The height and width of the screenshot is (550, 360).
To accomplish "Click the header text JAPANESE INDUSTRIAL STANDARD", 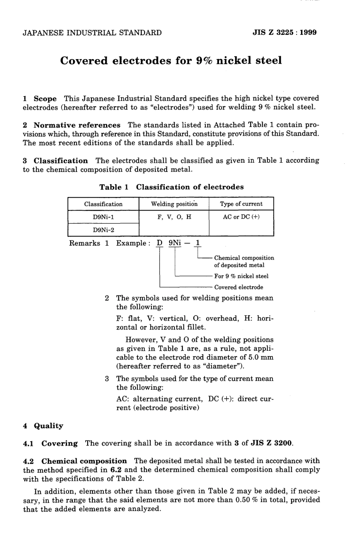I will (x=92, y=33).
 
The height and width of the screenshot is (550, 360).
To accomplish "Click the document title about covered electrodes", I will (x=171, y=61).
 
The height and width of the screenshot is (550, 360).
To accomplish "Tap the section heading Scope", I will (x=45, y=98).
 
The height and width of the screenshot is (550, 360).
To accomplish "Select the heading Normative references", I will (x=77, y=125).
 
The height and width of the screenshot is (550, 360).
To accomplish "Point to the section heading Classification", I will (x=61, y=161).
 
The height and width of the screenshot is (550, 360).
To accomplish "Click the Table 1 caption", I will (x=171, y=187).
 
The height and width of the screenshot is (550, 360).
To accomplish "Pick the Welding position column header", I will (x=174, y=204).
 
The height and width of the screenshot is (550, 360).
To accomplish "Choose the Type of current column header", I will (x=241, y=204).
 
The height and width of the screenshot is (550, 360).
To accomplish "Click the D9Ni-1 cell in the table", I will (x=103, y=217).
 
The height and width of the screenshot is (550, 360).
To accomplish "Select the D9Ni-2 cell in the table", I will (x=103, y=230).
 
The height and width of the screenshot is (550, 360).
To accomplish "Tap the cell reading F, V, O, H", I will (x=174, y=217).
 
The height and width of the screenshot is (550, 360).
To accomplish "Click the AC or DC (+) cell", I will (x=241, y=217).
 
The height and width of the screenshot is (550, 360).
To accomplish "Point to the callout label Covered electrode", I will (x=239, y=287).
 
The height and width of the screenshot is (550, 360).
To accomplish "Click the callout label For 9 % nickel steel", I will (x=241, y=276).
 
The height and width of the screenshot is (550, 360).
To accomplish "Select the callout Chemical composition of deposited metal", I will (x=244, y=261).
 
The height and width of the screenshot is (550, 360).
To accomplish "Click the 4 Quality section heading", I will (x=43, y=426).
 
